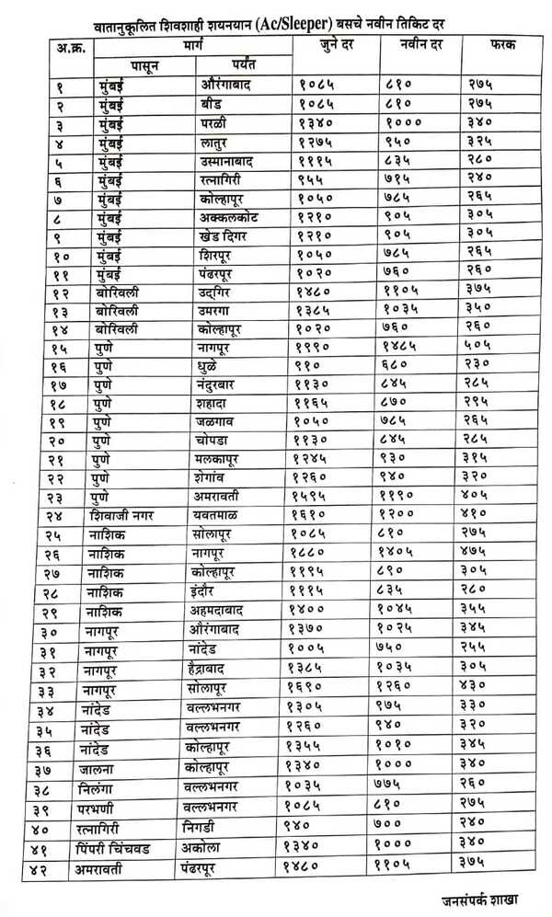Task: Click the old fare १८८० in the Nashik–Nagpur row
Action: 316,553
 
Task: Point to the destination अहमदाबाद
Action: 225,612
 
